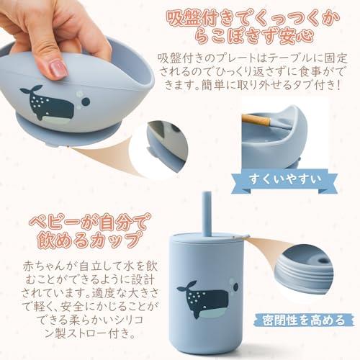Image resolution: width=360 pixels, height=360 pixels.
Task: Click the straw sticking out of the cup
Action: click(x=207, y=214)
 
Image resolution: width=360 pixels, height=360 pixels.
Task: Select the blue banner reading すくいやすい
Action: click(x=284, y=181)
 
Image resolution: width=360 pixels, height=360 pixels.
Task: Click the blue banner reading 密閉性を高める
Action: click(x=304, y=320)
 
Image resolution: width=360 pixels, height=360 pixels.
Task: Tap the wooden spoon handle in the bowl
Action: click(x=256, y=120)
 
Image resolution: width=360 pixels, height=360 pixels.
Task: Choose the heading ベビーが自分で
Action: click(x=87, y=222)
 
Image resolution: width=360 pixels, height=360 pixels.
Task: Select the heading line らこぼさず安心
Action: click(x=254, y=36)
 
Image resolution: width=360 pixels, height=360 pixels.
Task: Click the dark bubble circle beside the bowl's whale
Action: click(x=86, y=102)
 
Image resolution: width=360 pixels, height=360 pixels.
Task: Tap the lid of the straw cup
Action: click(x=207, y=238)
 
